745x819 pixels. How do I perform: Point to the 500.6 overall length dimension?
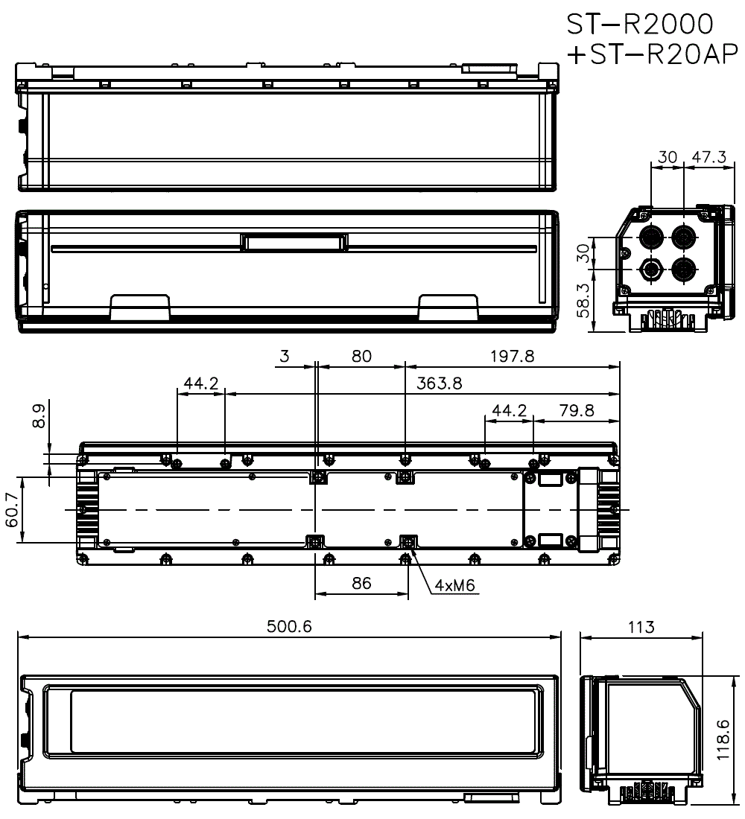(x=290, y=626)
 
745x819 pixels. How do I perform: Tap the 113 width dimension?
(x=641, y=626)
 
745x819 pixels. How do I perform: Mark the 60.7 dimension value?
(x=13, y=510)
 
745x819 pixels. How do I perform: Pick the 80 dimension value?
(x=361, y=356)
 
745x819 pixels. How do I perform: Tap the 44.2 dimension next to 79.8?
(x=510, y=410)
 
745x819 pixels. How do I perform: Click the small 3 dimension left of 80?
(x=285, y=356)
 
